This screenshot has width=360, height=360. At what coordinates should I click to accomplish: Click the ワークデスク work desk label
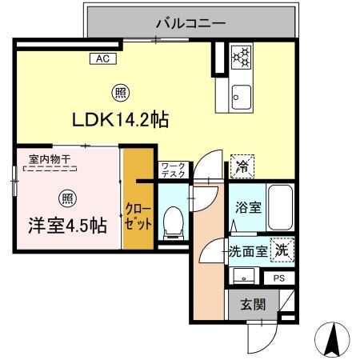point(173,168)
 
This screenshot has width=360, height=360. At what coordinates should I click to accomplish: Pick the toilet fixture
point(172,222)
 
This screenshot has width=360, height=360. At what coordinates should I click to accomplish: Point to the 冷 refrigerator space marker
point(241,166)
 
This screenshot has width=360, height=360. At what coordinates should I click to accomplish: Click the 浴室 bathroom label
point(246,207)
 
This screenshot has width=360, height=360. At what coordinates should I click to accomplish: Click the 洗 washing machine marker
point(282,250)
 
